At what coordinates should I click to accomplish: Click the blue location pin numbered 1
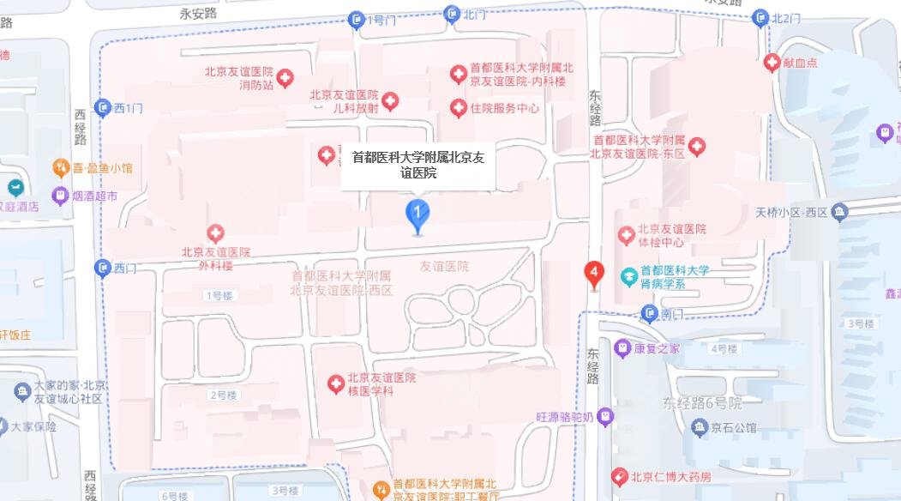tap(417, 214)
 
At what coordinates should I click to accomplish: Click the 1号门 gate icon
tap(357, 19)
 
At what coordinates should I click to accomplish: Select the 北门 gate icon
tap(452, 14)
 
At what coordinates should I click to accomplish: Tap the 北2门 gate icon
tap(760, 18)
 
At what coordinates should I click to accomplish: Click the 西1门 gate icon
tap(103, 107)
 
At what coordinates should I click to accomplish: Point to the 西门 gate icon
tap(103, 268)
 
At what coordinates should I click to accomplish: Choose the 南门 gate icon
tap(650, 314)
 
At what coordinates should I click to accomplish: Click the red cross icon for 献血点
tap(772, 63)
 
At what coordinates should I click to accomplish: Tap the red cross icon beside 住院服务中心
tap(459, 108)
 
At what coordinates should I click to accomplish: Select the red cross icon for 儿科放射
tap(390, 102)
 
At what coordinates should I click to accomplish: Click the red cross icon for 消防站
tap(285, 78)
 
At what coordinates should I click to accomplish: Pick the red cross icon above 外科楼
tap(215, 232)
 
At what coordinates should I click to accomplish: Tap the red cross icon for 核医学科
tap(336, 383)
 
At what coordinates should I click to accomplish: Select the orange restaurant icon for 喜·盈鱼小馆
tap(60, 167)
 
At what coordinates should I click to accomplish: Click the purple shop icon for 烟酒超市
tap(60, 196)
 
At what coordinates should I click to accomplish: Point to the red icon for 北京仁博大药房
tap(619, 476)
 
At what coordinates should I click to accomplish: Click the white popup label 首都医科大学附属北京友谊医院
tap(417, 166)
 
